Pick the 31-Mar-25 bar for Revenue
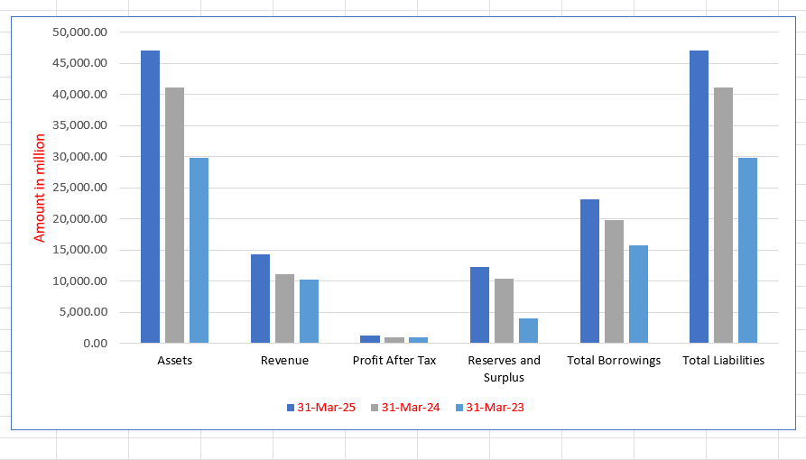(260, 299)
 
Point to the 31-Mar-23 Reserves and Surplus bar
(528, 330)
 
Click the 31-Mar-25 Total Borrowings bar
(589, 271)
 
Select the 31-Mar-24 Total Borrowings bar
(614, 281)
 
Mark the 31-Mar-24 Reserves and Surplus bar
(504, 310)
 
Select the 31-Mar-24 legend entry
(405, 408)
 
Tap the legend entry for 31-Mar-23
(489, 408)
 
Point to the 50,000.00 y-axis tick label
(81, 32)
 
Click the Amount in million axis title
(40, 188)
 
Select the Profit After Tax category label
(394, 361)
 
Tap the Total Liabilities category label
(723, 361)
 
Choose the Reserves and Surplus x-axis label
(504, 369)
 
